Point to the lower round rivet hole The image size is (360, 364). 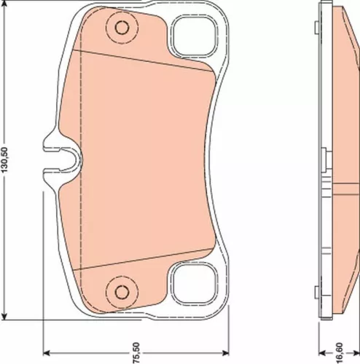[x=117, y=290]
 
